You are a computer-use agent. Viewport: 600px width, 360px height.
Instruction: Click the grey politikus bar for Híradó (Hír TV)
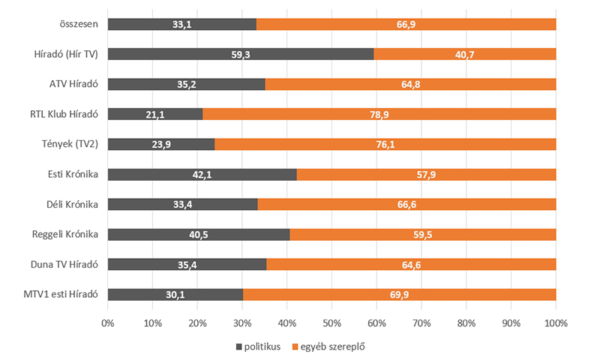(240, 54)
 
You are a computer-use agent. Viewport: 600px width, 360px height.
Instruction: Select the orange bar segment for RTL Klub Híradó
(379, 114)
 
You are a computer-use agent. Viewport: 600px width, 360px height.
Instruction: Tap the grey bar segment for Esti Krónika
(202, 174)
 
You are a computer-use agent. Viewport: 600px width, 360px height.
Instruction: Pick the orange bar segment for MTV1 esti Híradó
(399, 294)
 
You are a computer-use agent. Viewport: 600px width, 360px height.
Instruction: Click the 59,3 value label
(241, 54)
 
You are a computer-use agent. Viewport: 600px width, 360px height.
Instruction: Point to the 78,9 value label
(379, 114)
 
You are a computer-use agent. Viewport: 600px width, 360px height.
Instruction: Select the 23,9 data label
(161, 144)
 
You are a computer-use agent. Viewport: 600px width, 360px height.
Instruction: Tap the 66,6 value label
(406, 204)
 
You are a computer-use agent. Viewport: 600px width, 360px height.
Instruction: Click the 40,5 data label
(199, 234)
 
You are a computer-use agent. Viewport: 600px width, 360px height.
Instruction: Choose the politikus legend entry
(258, 346)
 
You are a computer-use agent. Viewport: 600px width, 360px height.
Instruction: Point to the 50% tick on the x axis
(331, 323)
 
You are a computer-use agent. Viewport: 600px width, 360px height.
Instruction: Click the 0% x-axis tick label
(107, 323)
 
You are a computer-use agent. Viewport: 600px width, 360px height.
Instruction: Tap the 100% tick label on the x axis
(556, 323)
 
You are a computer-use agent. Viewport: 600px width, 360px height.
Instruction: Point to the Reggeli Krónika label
(66, 234)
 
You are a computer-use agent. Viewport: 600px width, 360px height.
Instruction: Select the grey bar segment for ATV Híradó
(186, 84)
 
